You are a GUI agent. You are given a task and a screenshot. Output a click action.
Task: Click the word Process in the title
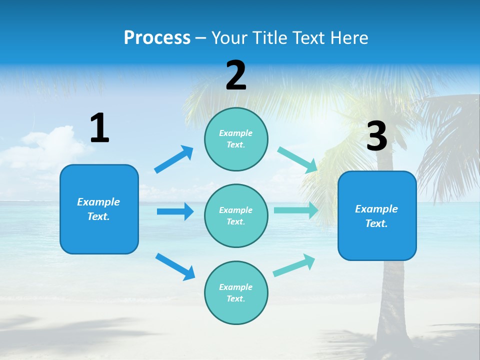point(157,38)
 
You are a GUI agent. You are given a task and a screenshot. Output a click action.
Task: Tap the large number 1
point(99,128)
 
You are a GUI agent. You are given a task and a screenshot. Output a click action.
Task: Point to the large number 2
point(236,75)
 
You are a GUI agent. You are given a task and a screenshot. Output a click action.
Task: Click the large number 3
point(376,136)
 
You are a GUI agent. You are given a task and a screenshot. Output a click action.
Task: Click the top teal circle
point(236,139)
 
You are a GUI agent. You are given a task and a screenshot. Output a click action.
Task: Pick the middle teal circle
point(236,215)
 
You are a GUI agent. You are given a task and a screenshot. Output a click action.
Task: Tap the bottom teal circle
point(236,292)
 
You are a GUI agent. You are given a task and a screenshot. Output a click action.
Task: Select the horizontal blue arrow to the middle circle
point(175,211)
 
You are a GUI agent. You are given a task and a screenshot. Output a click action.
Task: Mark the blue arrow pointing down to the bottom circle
point(175,266)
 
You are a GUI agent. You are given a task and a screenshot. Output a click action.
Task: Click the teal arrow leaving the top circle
point(297,159)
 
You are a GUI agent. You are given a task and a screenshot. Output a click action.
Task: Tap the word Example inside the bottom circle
point(236,287)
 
